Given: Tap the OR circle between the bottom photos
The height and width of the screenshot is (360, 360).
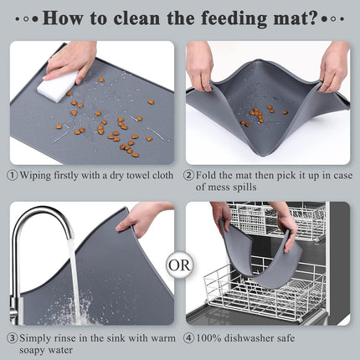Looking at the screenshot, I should (180, 267).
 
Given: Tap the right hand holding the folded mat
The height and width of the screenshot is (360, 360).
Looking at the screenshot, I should (332, 63).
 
